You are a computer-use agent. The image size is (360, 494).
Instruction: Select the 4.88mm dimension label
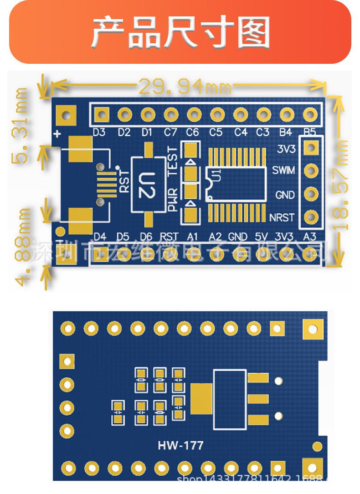tap(22, 247)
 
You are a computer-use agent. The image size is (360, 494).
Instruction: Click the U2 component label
tap(147, 185)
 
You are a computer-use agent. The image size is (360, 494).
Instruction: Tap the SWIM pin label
tap(283, 170)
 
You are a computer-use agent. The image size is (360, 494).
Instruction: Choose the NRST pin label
tap(282, 217)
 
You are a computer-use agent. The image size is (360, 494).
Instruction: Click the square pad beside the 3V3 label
tap(311, 147)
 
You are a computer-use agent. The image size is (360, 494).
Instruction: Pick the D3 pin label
tap(99, 133)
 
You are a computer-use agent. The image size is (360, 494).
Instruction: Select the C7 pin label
tap(170, 133)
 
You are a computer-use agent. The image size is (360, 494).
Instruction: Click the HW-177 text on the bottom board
tap(180, 445)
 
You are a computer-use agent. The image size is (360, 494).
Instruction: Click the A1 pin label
tap(193, 236)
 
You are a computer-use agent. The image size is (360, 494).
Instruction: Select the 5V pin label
tap(261, 236)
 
